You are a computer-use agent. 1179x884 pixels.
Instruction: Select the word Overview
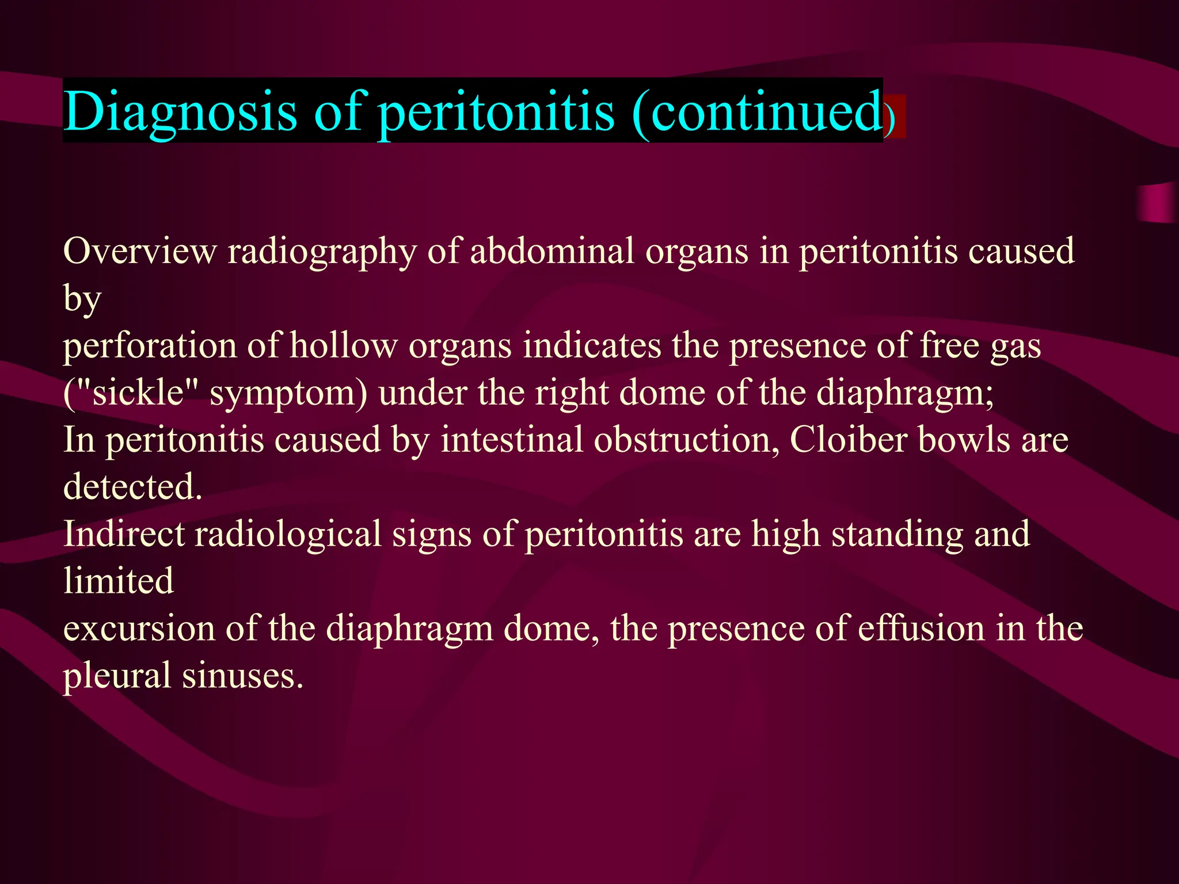click(x=140, y=252)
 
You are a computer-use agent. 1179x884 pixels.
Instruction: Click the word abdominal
click(x=552, y=252)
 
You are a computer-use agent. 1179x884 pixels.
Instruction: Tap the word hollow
click(x=343, y=346)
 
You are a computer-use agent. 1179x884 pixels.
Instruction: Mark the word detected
click(x=132, y=487)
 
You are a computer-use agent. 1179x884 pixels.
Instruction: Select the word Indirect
click(x=123, y=534)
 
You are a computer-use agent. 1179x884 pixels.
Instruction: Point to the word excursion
click(x=138, y=629)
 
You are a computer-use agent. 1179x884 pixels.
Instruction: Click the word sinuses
click(x=242, y=676)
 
